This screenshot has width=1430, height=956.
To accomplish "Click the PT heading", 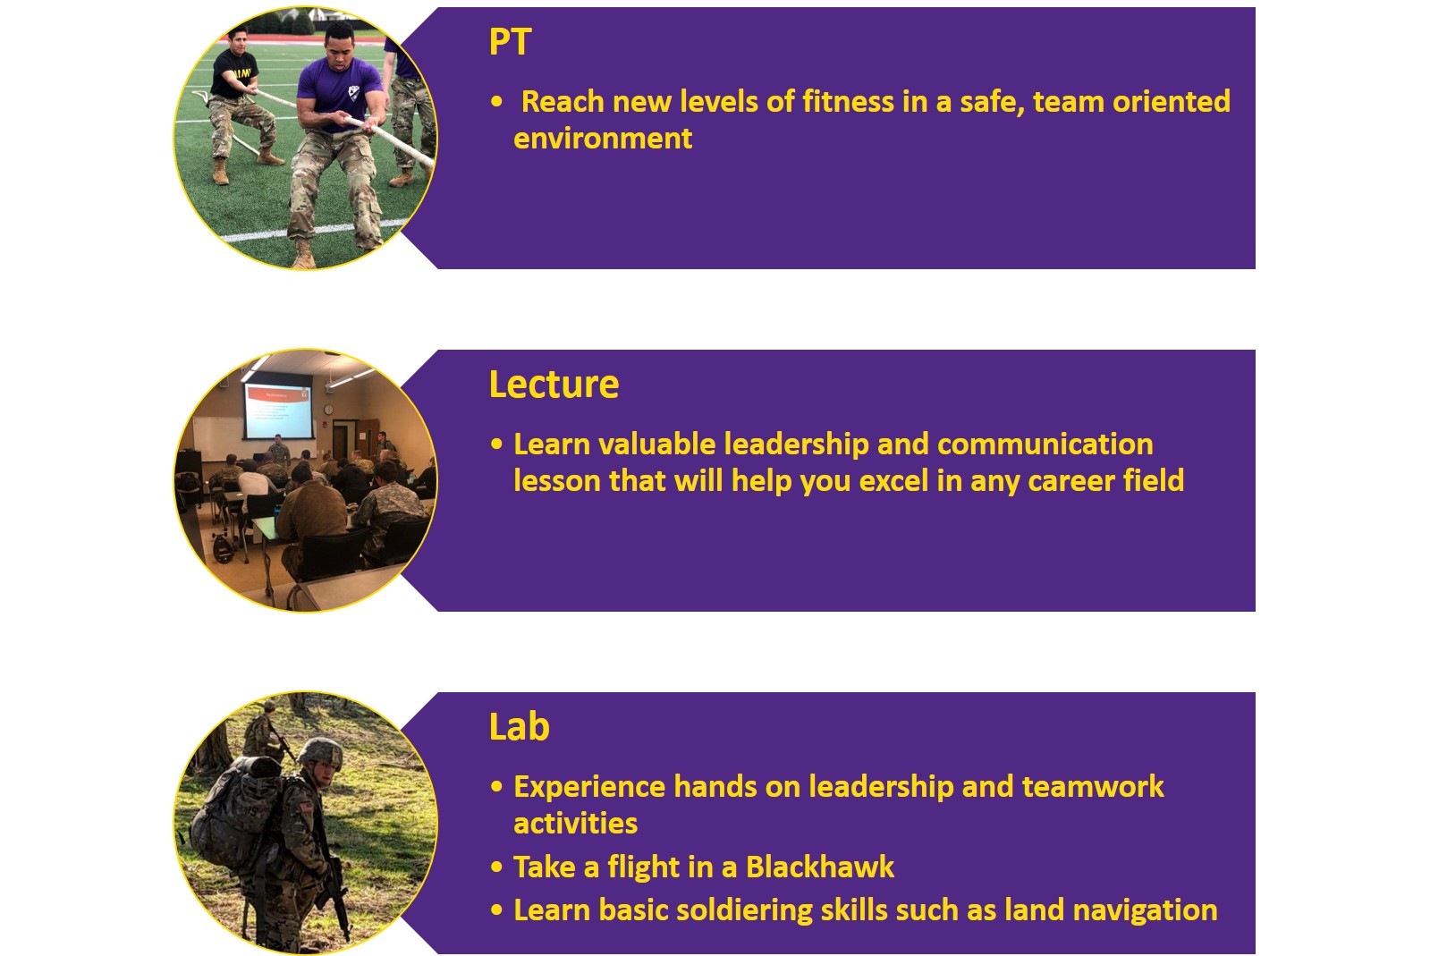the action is pyautogui.click(x=510, y=42).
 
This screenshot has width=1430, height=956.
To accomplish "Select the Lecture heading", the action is pyautogui.click(x=554, y=385).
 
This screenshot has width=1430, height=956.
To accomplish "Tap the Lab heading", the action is pyautogui.click(x=519, y=727).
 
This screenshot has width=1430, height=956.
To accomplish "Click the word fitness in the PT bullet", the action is pyautogui.click(x=848, y=102).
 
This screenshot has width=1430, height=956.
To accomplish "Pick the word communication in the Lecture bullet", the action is pyautogui.click(x=1045, y=444).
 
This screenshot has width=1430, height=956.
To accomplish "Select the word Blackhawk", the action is pyautogui.click(x=820, y=867).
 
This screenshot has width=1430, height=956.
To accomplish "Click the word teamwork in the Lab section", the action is pyautogui.click(x=1093, y=787).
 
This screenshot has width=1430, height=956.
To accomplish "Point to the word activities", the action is pyautogui.click(x=575, y=824).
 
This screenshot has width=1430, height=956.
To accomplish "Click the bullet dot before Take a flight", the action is pyautogui.click(x=496, y=867).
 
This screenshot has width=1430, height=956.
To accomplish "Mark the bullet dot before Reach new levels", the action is pyautogui.click(x=496, y=102).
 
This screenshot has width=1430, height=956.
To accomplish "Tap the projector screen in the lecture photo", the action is pyautogui.click(x=278, y=410).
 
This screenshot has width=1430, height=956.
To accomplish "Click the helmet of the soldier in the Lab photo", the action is pyautogui.click(x=320, y=752).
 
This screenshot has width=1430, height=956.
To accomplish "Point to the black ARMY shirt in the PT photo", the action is pyautogui.click(x=234, y=74).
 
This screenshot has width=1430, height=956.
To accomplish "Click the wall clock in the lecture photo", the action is pyautogui.click(x=329, y=409).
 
